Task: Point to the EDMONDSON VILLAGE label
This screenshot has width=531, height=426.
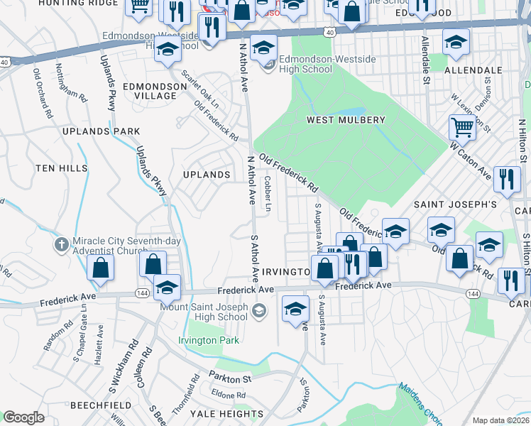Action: click(x=149, y=90)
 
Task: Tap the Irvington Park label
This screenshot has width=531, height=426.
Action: click(x=209, y=341)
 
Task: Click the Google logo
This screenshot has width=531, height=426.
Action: click(x=23, y=417)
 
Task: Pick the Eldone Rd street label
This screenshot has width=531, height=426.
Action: click(x=227, y=394)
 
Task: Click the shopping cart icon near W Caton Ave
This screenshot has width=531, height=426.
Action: click(x=461, y=128)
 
